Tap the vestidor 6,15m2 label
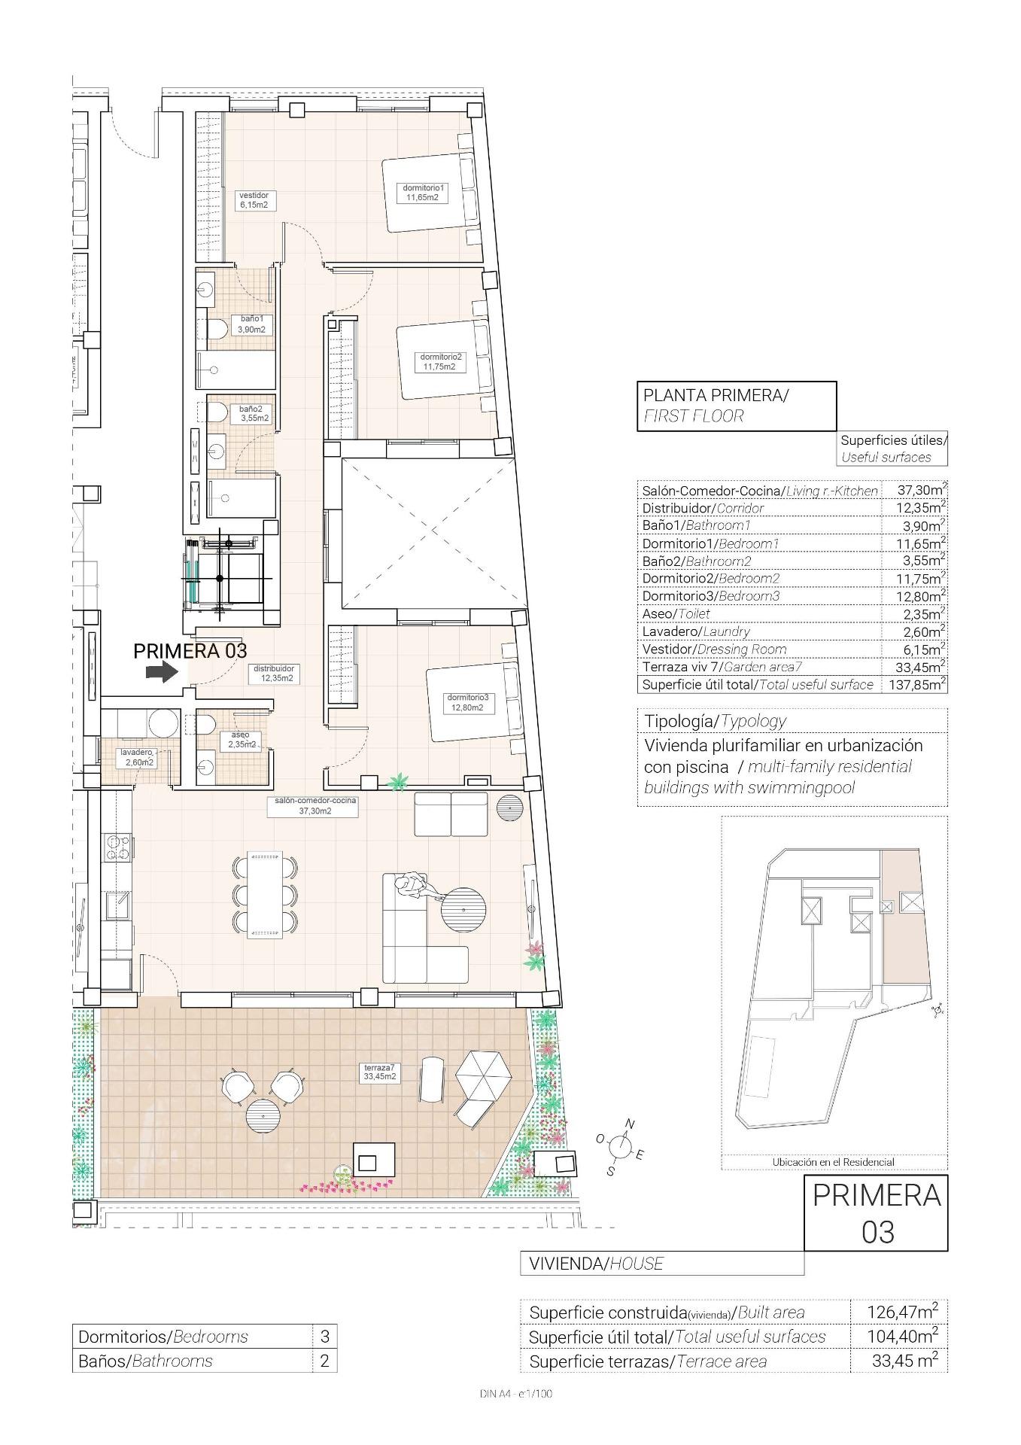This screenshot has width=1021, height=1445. pos(254,199)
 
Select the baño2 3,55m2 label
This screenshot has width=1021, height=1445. pos(254,413)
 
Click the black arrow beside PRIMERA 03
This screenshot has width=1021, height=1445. pos(160,672)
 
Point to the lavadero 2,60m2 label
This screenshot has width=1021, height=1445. pos(138,757)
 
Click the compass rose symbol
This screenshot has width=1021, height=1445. pos(619,1147)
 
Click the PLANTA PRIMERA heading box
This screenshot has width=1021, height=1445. pos(736,406)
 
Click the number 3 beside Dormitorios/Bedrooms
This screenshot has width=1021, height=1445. pos(324,1337)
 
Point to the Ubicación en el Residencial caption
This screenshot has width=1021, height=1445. pos(833,1162)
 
